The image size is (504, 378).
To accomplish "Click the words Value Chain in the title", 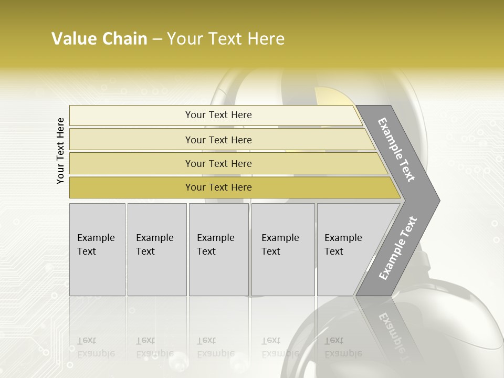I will (x=99, y=39).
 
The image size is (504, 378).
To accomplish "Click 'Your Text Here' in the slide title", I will (x=226, y=39).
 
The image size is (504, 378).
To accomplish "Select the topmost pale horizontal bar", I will (x=131, y=115).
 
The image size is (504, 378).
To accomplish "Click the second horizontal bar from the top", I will (x=131, y=140).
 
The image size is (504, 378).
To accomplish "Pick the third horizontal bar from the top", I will (x=131, y=163).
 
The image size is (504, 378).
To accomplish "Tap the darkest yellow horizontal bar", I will (x=131, y=187).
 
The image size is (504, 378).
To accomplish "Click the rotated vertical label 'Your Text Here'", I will (x=60, y=151).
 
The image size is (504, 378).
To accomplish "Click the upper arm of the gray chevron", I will (x=396, y=150).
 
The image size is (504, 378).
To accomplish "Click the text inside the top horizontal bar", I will (x=218, y=115).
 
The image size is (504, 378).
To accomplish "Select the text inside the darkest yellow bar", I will (x=218, y=187).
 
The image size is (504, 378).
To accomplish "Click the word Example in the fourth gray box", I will (x=280, y=238).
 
